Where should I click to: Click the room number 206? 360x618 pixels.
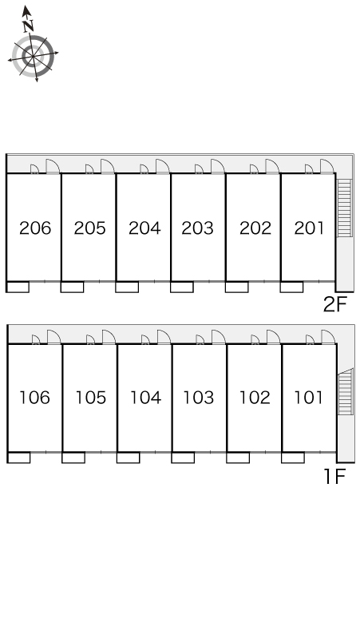point(35,228)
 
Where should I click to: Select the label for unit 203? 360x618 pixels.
point(197,228)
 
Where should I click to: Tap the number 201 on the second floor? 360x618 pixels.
point(309,228)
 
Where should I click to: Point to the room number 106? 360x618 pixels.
point(35,398)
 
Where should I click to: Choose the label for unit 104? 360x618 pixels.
point(145,398)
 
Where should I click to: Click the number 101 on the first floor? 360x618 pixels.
point(308,398)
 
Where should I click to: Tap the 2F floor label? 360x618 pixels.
point(334,304)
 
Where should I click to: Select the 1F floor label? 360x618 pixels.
point(334,477)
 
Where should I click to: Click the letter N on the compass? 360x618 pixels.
point(28,26)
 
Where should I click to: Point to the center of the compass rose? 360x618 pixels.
point(33,56)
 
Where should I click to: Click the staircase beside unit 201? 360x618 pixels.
point(345,208)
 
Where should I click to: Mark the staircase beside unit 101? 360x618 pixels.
point(346,392)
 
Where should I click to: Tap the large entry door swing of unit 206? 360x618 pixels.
point(53,166)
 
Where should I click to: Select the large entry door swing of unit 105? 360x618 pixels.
point(109,337)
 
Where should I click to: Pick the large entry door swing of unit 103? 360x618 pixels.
point(218,337)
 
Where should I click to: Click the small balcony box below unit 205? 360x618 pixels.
point(73,287)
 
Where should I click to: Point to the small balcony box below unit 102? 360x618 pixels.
point(238,458)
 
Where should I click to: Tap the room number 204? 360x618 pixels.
point(144,228)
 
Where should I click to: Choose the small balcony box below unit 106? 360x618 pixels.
point(18,458)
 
